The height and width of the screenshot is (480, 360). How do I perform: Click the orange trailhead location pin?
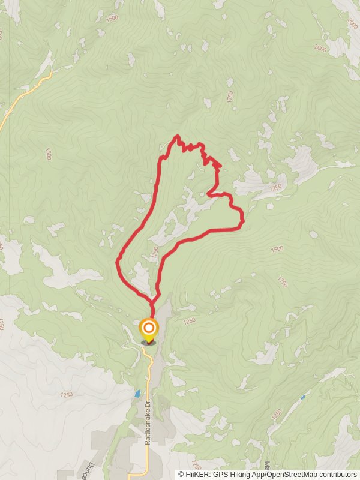(148, 329)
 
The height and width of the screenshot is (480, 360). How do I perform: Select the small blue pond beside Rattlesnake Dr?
(137, 394)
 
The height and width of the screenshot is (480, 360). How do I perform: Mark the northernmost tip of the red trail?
(176, 136)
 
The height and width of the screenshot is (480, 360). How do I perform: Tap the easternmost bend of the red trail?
(243, 223)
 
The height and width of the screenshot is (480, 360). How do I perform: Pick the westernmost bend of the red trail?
(118, 260)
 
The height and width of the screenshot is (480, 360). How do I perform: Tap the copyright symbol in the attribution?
(181, 474)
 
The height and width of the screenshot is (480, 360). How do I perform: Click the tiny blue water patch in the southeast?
(302, 397)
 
